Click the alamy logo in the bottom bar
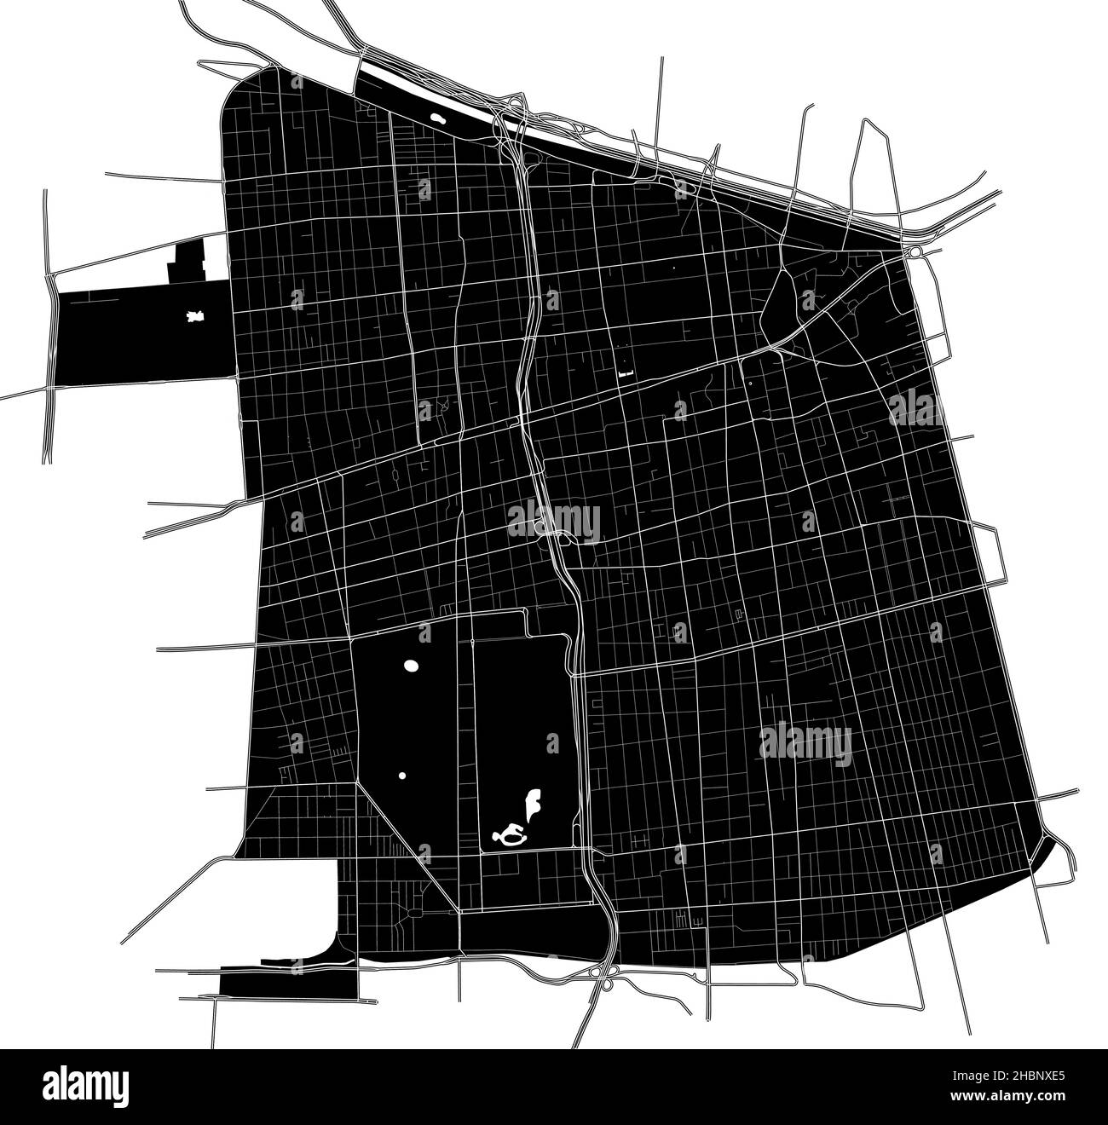pyautogui.click(x=91, y=1087)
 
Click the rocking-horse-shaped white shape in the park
pyautogui.click(x=511, y=836)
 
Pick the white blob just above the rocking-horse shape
pyautogui.click(x=534, y=804)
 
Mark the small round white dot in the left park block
pyautogui.click(x=401, y=776)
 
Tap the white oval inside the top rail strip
pyautogui.click(x=438, y=120)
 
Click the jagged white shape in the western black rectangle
pyautogui.click(x=195, y=317)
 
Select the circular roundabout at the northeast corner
pyautogui.click(x=915, y=252)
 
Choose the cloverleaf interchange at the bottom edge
pyautogui.click(x=606, y=981)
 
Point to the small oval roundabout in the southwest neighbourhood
pyautogui.click(x=414, y=913)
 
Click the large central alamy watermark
pyautogui.click(x=554, y=521)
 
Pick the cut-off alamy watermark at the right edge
pyautogui.click(x=916, y=410)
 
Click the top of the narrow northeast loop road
pyautogui.click(x=867, y=121)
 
